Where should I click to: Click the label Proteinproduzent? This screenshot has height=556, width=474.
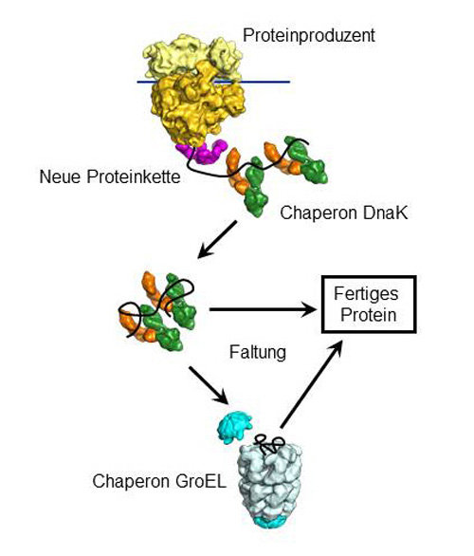coord(308,36)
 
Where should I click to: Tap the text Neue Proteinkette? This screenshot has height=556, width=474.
coord(110,176)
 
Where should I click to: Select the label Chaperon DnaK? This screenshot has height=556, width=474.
coord(344,213)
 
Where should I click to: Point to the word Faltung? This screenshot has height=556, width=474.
coord(258,352)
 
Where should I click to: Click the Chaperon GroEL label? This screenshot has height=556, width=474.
coord(159,482)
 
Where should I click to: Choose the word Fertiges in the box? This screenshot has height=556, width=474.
coord(366,294)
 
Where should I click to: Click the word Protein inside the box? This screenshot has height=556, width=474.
coord(369,315)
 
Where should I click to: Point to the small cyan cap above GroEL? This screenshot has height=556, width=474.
coord(234,427)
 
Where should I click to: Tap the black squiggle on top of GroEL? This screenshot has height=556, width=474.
coord(269,444)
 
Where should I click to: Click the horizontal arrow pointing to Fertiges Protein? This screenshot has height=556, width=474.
coord(263,309)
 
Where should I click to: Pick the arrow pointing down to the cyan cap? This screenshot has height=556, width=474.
coord(209,385)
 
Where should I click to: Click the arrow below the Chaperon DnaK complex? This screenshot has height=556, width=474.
coord(217,239)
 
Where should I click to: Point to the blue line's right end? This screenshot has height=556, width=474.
coord(290,82)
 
